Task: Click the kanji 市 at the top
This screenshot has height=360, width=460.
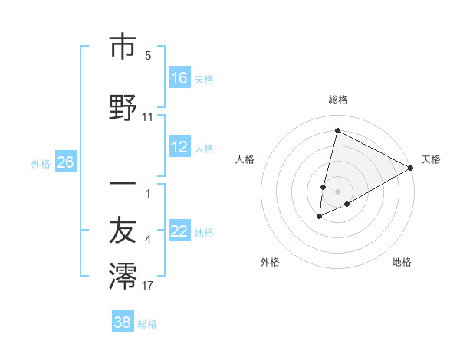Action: pos(123,47)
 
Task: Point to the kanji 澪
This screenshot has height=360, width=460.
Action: pos(123,277)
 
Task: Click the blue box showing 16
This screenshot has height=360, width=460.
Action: pos(179,77)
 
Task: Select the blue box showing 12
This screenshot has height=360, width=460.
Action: pos(179,147)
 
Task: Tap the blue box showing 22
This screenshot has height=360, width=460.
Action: pos(179,231)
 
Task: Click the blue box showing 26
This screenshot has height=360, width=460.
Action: pos(65,162)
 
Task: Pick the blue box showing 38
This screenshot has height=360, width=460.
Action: pos(123,322)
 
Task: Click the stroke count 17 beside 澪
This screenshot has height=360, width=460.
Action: pos(148,286)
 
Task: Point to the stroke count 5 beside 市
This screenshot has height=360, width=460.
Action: pos(148,56)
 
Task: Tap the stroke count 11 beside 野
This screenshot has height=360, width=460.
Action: pos(148,118)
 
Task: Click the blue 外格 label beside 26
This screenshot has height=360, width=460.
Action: pos(41,163)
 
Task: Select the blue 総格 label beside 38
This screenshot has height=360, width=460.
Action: pos(147,323)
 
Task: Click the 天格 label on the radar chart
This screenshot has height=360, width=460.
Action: pos(431,159)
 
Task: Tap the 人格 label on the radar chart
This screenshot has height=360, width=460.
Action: pos(245,159)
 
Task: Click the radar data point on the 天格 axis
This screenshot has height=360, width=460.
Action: pos(411,169)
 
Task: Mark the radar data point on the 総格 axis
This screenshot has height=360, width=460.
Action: pos(337,130)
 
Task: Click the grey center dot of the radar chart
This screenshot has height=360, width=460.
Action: pos(337,191)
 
